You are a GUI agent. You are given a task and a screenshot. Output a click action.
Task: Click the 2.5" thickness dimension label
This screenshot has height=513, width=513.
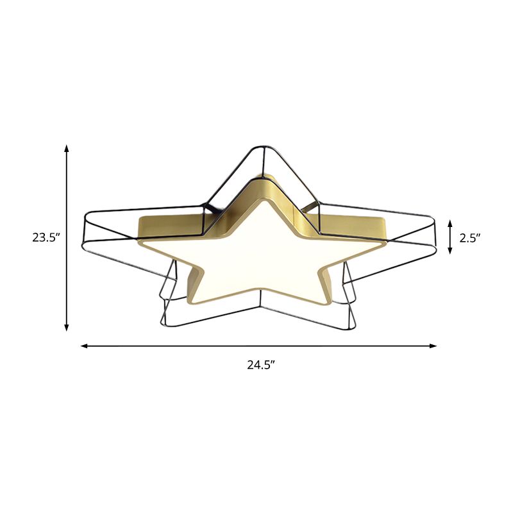click(x=470, y=237)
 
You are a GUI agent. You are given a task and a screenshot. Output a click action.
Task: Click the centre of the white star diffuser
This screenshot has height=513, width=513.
click(x=256, y=253)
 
